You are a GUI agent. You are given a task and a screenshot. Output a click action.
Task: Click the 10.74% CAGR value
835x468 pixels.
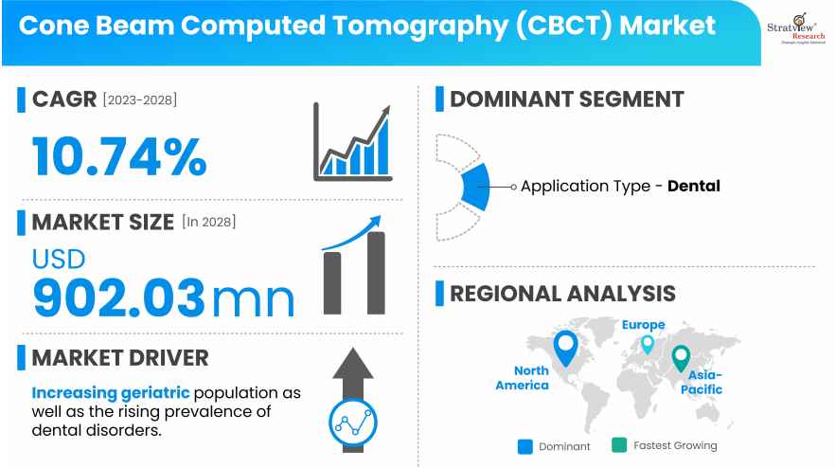119,156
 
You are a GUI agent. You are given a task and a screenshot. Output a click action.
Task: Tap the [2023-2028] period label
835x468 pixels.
140,99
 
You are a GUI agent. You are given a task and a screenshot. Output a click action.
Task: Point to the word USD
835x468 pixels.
59,258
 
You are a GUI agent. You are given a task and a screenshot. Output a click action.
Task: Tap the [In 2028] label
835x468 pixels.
208,223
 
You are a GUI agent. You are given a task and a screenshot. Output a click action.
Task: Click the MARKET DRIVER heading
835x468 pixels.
120,358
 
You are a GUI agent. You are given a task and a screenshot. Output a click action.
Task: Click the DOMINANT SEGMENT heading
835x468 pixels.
566,99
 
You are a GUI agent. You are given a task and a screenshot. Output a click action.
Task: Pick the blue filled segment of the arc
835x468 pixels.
475,187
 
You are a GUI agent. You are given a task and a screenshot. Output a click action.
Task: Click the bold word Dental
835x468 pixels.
694,187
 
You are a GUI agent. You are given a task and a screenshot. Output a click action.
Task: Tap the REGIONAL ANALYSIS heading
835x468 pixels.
562,293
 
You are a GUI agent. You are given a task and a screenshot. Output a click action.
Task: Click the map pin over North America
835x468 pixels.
565,348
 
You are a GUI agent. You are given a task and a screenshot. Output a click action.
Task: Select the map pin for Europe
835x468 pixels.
648,344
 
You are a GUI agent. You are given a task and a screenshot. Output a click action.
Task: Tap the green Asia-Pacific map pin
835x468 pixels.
680,358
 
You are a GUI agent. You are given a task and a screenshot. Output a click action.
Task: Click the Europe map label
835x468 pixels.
643,325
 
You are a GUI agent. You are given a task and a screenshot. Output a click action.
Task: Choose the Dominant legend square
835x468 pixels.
524,445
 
